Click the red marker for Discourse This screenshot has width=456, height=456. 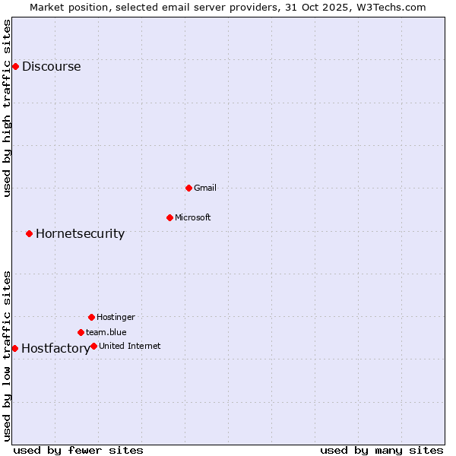pos(15,66)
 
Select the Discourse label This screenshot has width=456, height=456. pos(51,66)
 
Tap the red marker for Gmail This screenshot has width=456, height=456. pos(188,188)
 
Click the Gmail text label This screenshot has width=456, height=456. pos(205,188)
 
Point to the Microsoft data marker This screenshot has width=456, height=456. pos(169,217)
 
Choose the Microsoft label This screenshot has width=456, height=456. pos(193,217)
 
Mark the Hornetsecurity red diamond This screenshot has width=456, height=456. pos(29,233)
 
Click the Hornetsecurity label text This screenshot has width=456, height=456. pos(80,233)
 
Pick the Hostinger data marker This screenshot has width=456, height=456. pos(91,317)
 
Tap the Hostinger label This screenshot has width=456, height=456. pos(116,317)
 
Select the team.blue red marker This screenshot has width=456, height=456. pos(81,332)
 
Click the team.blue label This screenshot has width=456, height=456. pos(106,332)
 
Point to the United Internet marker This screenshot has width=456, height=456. pos(93,346)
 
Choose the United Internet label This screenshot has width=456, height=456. pos(129,346)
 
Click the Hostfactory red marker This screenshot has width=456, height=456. pos(14,348)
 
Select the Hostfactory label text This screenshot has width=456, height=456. pos(55,349)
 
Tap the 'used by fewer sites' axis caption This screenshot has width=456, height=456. pos(78,450)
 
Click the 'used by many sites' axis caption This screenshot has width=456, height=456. pos(382,450)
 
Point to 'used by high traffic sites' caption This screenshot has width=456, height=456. pos(7,108)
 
